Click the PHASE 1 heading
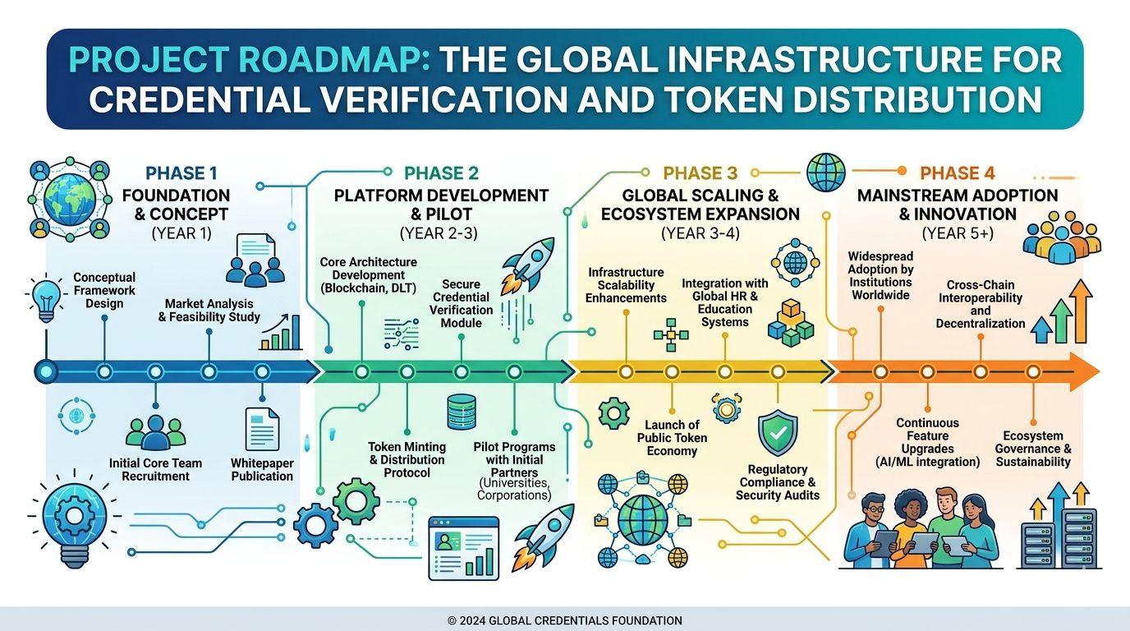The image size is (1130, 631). pos(181,173)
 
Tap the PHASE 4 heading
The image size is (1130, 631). pos(957,173)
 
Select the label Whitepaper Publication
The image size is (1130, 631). pos(262,470)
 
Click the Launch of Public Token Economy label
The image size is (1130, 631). pos(672,438)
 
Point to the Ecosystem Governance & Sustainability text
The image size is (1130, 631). pos(1033,449)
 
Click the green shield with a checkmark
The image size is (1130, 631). pos(777,433)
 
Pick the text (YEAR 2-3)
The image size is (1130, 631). pos(440,233)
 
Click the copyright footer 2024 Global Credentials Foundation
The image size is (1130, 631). pos(565,621)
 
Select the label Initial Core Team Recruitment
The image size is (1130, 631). pos(155,470)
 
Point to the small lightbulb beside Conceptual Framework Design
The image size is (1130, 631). pos(46,300)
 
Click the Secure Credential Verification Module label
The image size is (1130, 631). pos(461,303)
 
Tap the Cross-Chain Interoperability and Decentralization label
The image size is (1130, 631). pos(980,305)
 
